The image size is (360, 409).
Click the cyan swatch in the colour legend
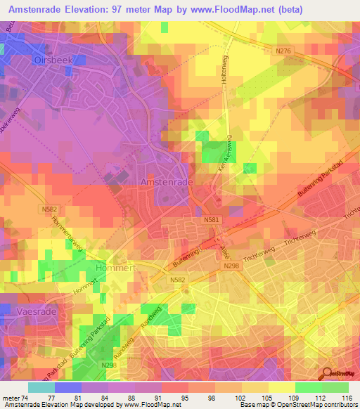(41, 387)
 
